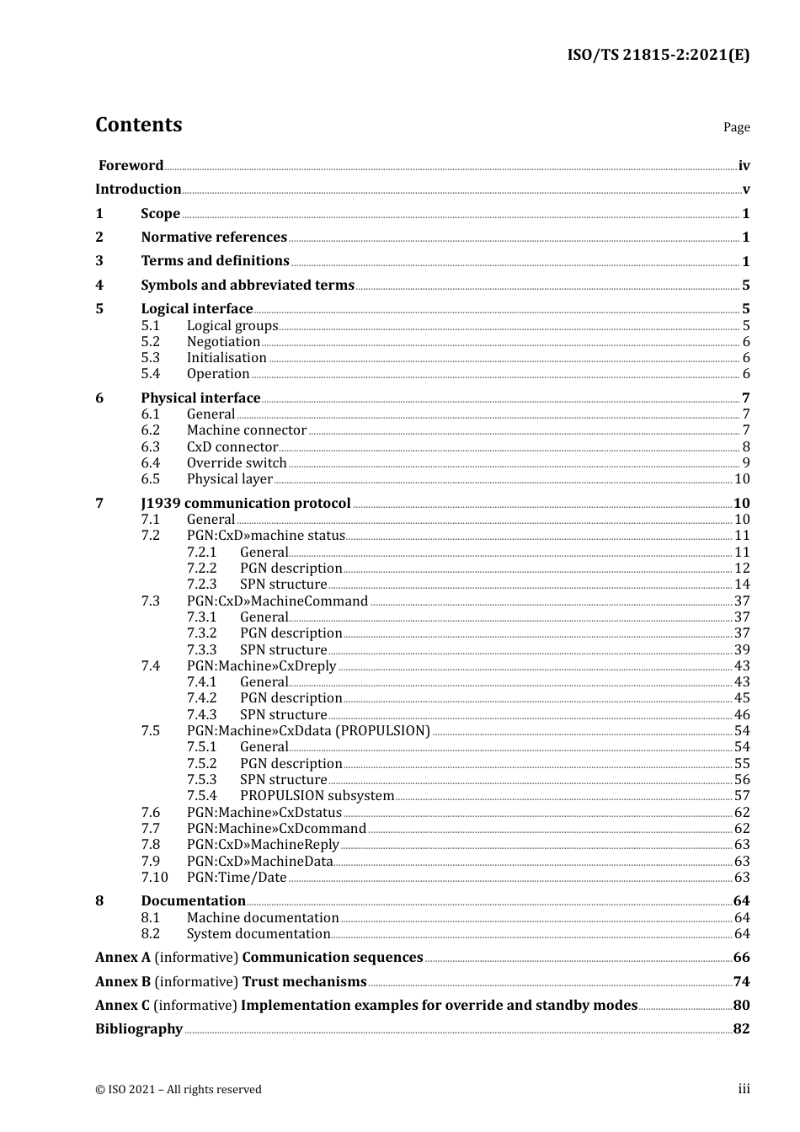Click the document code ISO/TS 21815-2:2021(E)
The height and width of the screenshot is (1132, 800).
[x=658, y=56]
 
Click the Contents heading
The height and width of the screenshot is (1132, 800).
[x=138, y=125]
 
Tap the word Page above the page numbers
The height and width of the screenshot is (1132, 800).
[x=736, y=127]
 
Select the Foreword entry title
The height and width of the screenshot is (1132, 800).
[x=131, y=166]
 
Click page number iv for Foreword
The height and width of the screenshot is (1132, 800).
[x=744, y=166]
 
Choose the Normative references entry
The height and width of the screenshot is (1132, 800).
[x=214, y=238]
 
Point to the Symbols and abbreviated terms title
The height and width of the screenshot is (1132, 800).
[x=248, y=286]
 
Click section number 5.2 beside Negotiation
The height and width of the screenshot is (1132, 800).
[x=150, y=342]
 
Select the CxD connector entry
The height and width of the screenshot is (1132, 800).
[x=232, y=447]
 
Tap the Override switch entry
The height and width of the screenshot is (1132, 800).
[x=237, y=463]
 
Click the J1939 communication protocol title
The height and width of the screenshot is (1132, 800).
[x=246, y=504]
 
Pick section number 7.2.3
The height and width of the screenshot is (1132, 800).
[x=201, y=585]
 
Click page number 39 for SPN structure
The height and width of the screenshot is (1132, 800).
[x=742, y=650]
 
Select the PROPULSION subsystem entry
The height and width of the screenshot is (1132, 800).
[x=317, y=796]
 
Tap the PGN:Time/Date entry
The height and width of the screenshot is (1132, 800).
[x=237, y=878]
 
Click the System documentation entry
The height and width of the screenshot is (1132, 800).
[x=259, y=934]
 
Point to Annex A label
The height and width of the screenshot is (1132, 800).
[x=123, y=958]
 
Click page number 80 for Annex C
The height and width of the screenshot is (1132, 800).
[x=741, y=1006]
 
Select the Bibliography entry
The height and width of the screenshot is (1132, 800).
[x=139, y=1029]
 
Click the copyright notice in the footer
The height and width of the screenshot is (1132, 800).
[x=179, y=1090]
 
